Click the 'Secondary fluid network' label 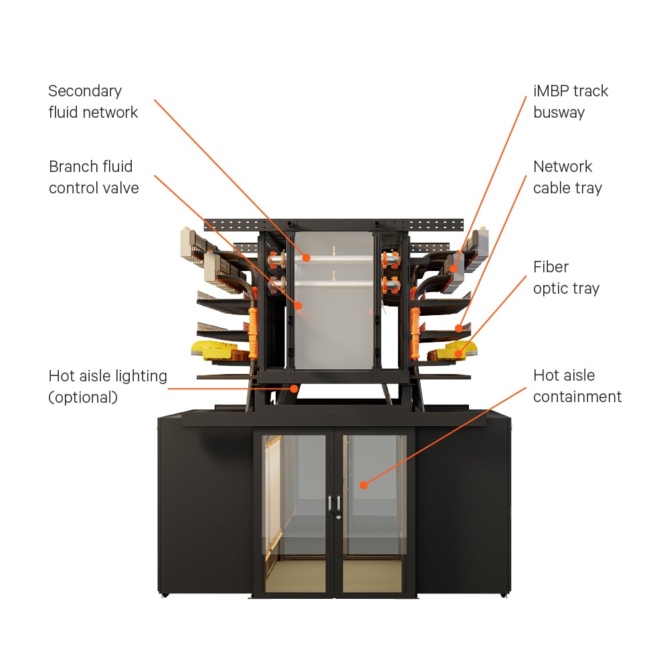pos(93,102)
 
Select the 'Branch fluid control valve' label pos(94,177)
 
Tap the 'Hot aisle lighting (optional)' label pos(108,387)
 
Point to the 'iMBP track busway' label pos(571,102)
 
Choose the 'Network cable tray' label pos(567,177)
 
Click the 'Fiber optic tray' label pos(566,278)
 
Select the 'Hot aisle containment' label pos(577,386)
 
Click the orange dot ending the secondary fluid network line pos(306,258)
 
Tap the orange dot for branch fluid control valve pos(298,306)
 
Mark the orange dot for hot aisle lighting pos(294,389)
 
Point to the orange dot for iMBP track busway pos(454,268)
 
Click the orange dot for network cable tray pos(459,328)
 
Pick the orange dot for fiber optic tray pos(458,354)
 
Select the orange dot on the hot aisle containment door pos(363,484)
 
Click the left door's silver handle pos(330,504)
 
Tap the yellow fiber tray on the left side pos(213,350)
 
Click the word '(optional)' pos(83,397)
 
